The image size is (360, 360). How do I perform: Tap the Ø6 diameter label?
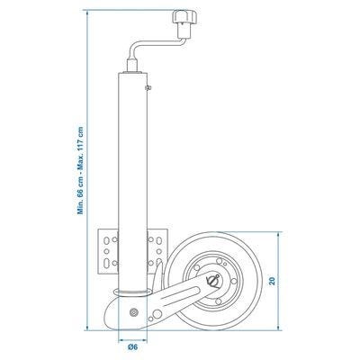(x=133, y=347)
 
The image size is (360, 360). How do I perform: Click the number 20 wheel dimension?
(x=272, y=281)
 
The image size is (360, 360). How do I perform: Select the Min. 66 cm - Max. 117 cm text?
(x=80, y=170)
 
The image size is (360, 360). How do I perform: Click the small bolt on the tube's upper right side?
(x=148, y=87)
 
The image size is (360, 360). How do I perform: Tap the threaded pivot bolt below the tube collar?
(x=133, y=312)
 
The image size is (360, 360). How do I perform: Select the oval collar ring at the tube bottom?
(x=133, y=292)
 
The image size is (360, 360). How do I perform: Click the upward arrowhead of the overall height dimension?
(x=87, y=13)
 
